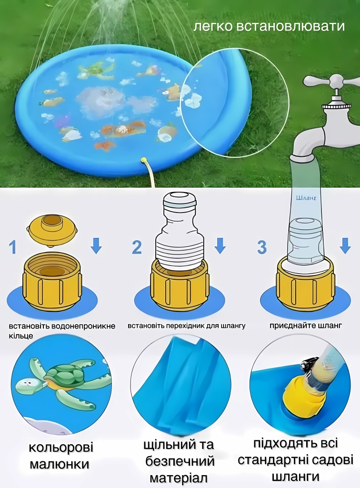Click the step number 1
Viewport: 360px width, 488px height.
pos(12,247)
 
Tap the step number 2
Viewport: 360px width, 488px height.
pos(137,247)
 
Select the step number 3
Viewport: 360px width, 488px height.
pos(262,247)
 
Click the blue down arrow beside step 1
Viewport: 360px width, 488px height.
pos(96,245)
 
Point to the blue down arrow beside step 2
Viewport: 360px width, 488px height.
pos(220,245)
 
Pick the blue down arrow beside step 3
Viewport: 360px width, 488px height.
pos(345,245)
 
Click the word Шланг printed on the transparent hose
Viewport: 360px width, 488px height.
pos(306,198)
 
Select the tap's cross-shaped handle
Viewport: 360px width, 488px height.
pos(331,81)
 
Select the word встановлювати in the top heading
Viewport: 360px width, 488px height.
pos(290,26)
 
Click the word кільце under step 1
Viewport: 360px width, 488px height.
pos(21,336)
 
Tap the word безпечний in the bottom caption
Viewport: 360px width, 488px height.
pos(180,461)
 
